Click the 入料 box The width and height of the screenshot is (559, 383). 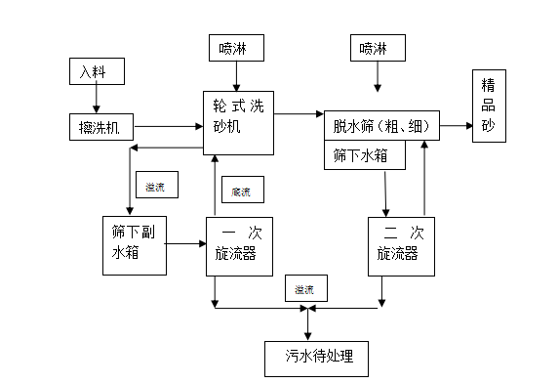96,71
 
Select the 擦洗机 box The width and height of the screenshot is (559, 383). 100,126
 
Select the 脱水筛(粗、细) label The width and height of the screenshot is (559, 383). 380,126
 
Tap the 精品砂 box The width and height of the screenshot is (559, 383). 488,107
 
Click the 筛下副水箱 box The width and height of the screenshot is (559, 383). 133,243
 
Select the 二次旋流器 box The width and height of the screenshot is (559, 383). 401,244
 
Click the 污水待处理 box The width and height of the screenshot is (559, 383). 317,358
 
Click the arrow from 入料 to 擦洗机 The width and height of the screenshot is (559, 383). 96,98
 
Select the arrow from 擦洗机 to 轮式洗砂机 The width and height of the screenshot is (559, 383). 168,126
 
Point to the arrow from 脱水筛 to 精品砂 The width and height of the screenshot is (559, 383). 457,126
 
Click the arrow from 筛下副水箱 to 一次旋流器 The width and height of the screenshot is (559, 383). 185,243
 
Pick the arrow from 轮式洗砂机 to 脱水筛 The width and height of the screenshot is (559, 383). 298,114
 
